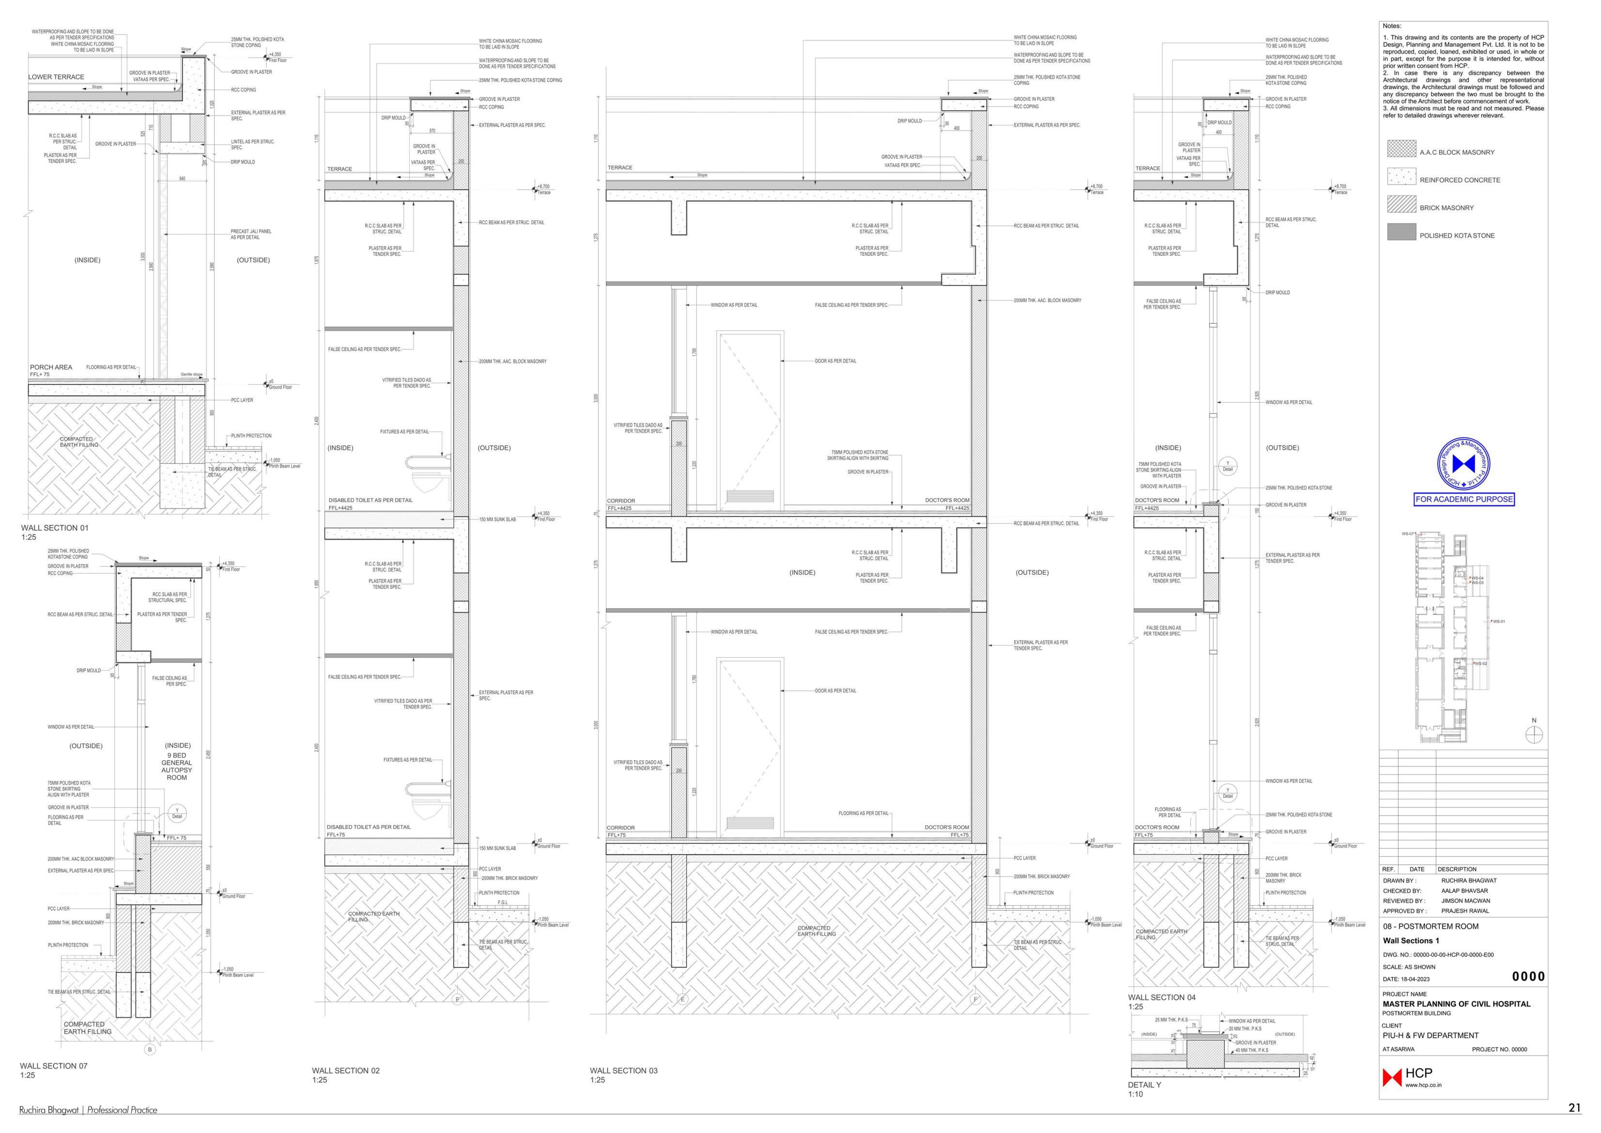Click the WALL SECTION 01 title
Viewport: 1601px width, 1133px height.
pyautogui.click(x=54, y=528)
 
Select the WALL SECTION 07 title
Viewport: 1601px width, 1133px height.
pyautogui.click(x=54, y=1066)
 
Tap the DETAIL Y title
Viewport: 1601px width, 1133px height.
pyautogui.click(x=1144, y=1085)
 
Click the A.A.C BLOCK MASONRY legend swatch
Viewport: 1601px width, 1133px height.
pyautogui.click(x=1401, y=149)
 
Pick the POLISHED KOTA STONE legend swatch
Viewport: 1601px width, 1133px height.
pyautogui.click(x=1401, y=232)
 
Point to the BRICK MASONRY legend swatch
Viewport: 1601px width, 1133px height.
pyautogui.click(x=1401, y=204)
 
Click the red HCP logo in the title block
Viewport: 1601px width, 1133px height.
pyautogui.click(x=1392, y=1078)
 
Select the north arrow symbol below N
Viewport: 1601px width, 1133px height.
pyautogui.click(x=1534, y=735)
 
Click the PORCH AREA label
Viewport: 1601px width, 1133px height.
pyautogui.click(x=51, y=367)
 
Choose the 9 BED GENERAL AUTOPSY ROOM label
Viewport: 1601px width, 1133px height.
pyautogui.click(x=177, y=766)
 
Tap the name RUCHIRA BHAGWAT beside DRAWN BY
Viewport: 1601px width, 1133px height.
pyautogui.click(x=1468, y=881)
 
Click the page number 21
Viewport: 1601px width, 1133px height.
pyautogui.click(x=1574, y=1108)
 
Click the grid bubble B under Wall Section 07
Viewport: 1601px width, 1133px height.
pyautogui.click(x=149, y=1049)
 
